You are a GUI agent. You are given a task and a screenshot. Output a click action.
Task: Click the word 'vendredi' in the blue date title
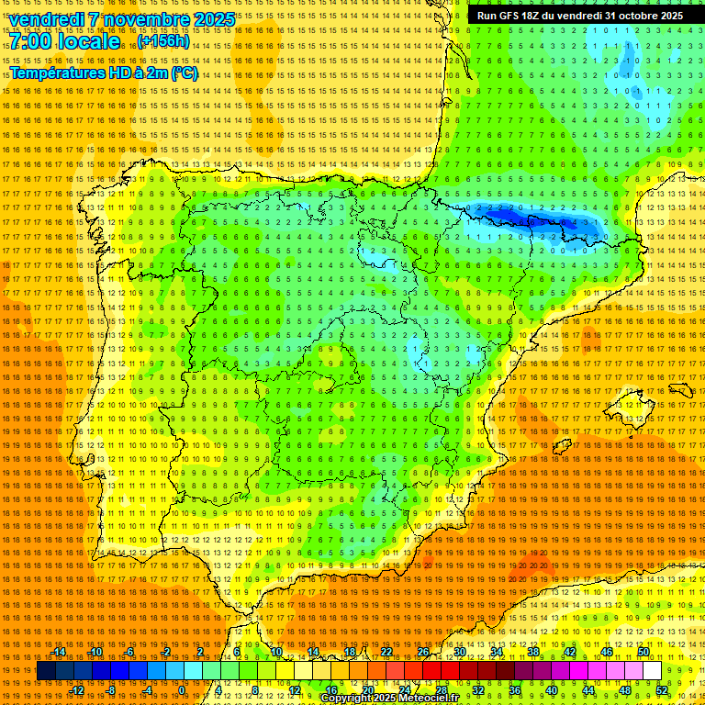pos(48,19)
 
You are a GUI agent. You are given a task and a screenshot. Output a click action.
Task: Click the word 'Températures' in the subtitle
pos(59,73)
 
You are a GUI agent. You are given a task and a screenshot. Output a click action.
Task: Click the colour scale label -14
pos(59,652)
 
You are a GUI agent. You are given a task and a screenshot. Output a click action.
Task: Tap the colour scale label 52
pos(662,690)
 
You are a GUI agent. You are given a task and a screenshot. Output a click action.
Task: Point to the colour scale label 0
pos(182,690)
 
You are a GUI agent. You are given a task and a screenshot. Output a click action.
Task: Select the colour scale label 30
pos(459,652)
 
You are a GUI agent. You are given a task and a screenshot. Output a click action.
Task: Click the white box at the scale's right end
pos(652,671)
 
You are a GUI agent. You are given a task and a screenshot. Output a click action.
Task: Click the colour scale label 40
pos(552,690)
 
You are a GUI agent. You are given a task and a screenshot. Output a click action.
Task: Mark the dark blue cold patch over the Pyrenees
pos(532,220)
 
